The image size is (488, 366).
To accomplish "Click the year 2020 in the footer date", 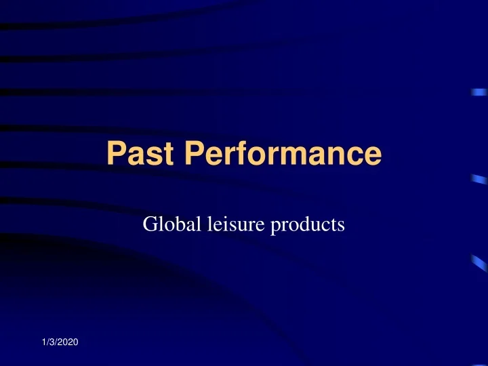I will point(66,346).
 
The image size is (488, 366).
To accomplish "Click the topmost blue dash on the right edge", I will point(480,94).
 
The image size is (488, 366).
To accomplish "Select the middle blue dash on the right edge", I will point(479,179).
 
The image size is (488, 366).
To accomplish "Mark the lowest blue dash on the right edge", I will point(479,262).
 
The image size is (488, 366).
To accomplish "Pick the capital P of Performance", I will point(197,154).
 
